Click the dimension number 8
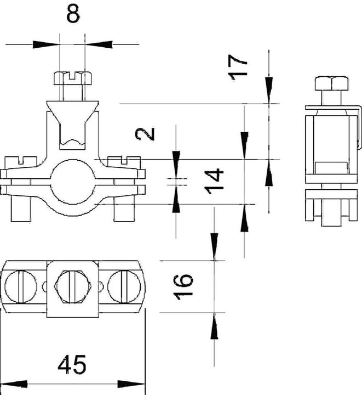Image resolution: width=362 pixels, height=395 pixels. pyautogui.click(x=72, y=15)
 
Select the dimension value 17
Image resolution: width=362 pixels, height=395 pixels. pyautogui.click(x=239, y=66)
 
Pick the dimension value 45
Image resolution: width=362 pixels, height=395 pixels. pyautogui.click(x=72, y=364)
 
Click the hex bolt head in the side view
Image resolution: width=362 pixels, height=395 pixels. pyautogui.click(x=331, y=84)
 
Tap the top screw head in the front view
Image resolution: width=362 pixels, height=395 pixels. pyautogui.click(x=72, y=77)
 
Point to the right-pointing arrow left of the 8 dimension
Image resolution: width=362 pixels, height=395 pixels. pyautogui.click(x=47, y=43)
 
